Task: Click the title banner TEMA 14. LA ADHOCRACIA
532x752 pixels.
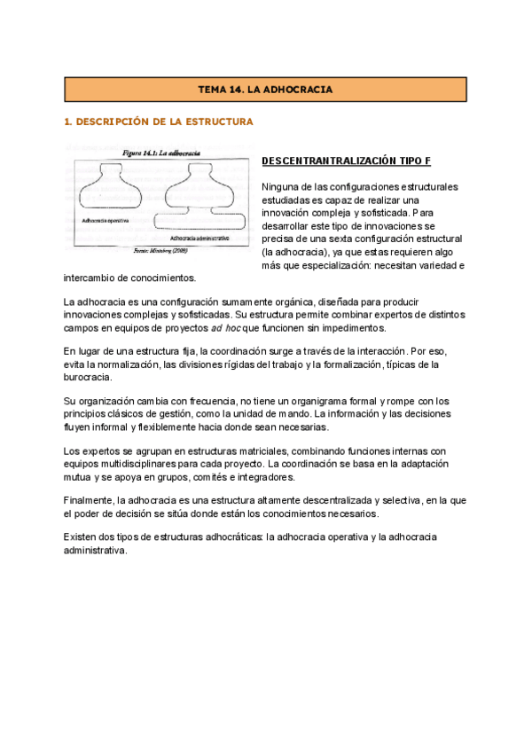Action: pyautogui.click(x=263, y=90)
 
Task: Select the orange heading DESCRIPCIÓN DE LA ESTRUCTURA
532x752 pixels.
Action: pyautogui.click(x=160, y=121)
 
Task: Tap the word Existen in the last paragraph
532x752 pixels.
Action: pyautogui.click(x=82, y=537)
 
